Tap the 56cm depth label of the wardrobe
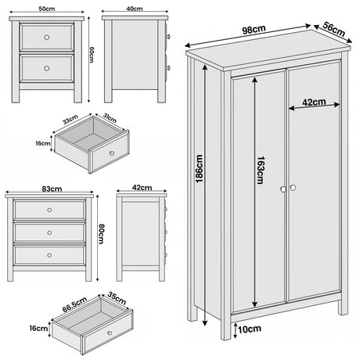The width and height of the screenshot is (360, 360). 334,30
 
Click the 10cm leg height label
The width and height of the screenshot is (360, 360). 248,330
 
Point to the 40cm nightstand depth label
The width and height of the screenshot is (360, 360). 134,9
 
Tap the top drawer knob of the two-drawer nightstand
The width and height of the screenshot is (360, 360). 49,37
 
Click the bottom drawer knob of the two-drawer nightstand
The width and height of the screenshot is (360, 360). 49,68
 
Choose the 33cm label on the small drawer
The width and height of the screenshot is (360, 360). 69,121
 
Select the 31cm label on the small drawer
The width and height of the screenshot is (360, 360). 110,120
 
